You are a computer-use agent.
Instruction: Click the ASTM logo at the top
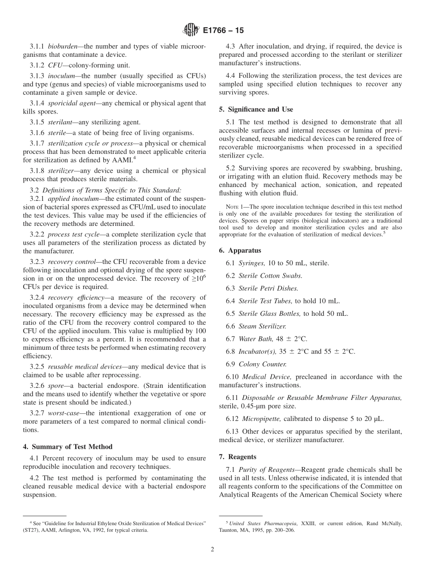click(191, 30)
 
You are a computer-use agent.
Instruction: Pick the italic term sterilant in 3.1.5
click(60, 122)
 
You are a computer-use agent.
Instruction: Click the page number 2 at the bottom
click(212, 549)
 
